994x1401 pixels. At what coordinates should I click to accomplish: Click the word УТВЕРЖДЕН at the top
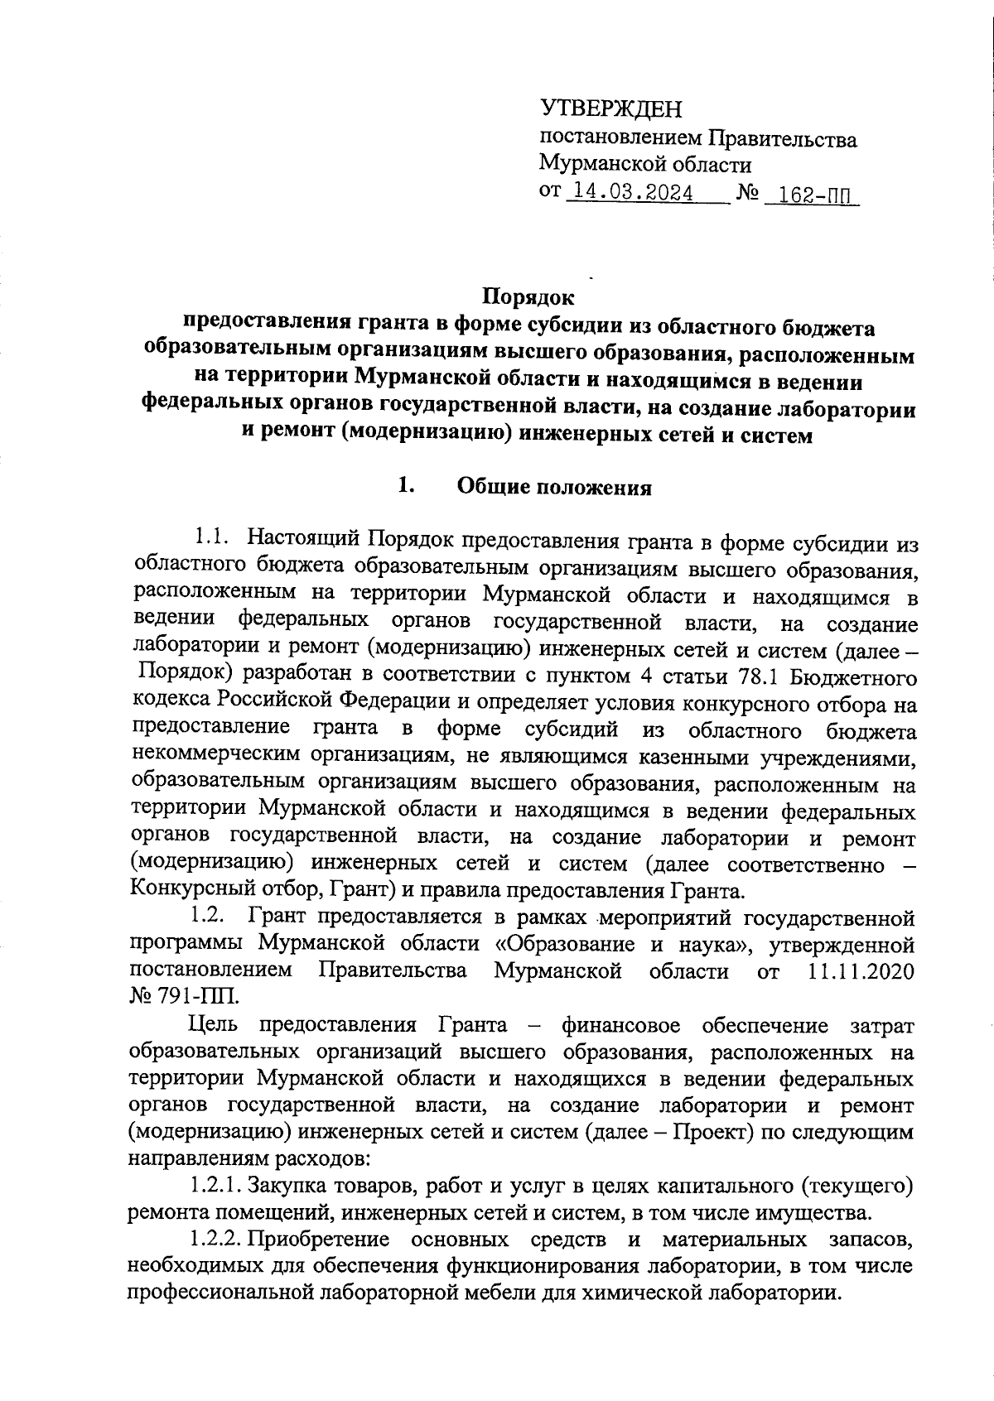(x=611, y=109)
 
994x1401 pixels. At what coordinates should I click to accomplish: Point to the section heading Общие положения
(x=555, y=488)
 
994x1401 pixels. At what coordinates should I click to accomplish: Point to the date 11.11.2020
(x=861, y=971)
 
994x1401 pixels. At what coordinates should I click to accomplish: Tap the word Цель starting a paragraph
(x=214, y=1026)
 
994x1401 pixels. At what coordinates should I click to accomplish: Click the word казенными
(x=667, y=758)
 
